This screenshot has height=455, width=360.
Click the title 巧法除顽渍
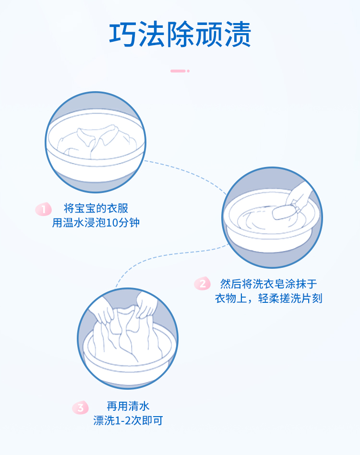(180, 35)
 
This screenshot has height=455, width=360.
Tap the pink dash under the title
(179, 71)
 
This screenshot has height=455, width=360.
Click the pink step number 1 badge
(44, 209)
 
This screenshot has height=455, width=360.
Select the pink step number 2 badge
(202, 284)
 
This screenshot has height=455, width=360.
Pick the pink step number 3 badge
(80, 408)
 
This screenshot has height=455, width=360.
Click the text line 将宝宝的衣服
(96, 209)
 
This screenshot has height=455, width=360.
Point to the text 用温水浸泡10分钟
(96, 223)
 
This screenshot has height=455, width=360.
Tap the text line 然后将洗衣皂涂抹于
(268, 284)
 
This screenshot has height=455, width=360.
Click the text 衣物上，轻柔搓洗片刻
(268, 298)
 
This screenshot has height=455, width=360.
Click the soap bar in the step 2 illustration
(283, 212)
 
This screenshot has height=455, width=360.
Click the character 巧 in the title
(123, 35)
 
